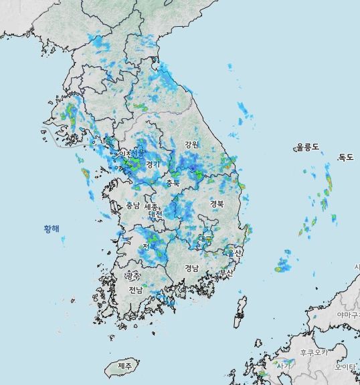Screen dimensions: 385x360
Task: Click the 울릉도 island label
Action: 308,147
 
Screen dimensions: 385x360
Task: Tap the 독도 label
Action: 345,157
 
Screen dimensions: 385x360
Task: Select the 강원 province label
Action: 192,144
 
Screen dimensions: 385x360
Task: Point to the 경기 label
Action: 153,164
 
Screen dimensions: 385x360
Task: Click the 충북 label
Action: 173,182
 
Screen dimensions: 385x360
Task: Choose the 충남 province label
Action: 132,206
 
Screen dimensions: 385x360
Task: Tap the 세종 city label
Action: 153,207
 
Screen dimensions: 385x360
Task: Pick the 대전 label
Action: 155,215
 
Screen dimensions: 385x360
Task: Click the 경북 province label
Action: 217,203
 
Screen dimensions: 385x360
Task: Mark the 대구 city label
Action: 205,239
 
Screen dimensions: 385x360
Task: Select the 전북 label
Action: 149,246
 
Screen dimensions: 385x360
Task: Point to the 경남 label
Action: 192,268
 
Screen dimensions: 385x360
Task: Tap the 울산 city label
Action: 234,253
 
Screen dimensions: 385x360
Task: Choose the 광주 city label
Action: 134,275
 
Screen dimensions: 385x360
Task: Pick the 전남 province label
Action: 136,289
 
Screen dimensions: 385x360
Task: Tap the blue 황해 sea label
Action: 52,229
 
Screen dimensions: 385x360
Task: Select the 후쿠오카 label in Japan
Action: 313,352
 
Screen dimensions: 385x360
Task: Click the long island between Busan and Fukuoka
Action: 240,311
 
